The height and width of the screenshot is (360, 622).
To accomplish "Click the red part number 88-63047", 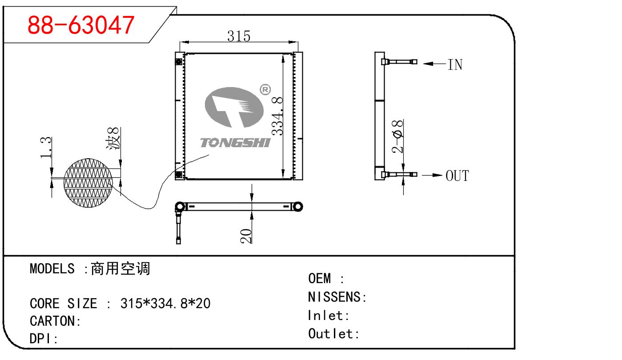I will pyautogui.click(x=80, y=25).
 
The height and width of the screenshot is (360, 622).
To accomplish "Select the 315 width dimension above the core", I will pyautogui.click(x=239, y=36).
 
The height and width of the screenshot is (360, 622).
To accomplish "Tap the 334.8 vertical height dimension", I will pyautogui.click(x=278, y=116).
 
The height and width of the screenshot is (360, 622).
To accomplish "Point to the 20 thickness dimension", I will pyautogui.click(x=246, y=235).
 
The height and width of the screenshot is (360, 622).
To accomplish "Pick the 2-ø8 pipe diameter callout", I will pyautogui.click(x=398, y=136).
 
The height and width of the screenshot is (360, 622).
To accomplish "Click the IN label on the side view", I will pyautogui.click(x=455, y=65).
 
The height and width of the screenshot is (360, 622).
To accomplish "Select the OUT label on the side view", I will pyautogui.click(x=457, y=176).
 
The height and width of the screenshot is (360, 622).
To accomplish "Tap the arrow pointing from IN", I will pyautogui.click(x=433, y=64).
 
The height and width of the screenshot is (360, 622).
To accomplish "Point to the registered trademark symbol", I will pyautogui.click(x=265, y=90).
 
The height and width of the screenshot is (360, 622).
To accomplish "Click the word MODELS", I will pyautogui.click(x=52, y=268).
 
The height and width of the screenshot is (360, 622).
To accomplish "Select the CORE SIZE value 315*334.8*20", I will pyautogui.click(x=165, y=304).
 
